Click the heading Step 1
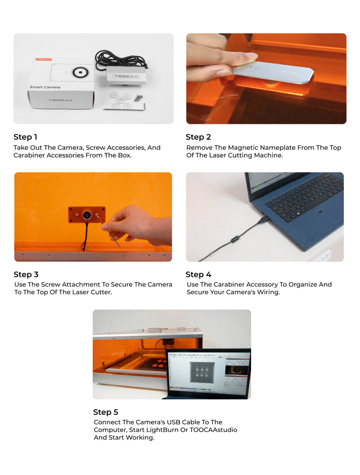[26, 137]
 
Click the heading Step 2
[198, 137]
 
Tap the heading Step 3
[26, 275]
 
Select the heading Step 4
[198, 275]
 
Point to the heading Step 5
[106, 412]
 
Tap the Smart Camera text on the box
[45, 87]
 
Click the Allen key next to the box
[125, 109]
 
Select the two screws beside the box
[138, 98]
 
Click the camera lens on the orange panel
[87, 215]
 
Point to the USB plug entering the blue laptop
[264, 219]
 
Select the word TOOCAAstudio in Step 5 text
[213, 430]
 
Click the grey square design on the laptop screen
[202, 372]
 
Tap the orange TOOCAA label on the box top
[44, 59]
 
